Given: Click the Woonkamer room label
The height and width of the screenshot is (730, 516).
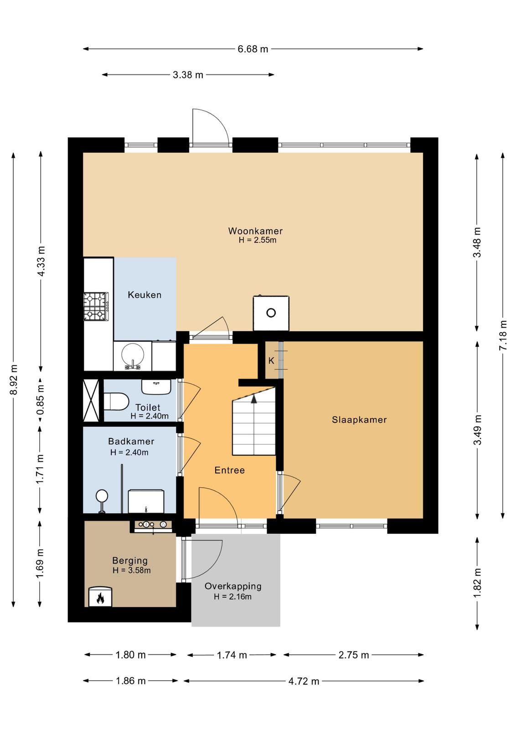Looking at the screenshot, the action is click(x=255, y=231).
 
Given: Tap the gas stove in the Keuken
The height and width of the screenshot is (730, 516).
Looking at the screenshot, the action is click(x=96, y=306).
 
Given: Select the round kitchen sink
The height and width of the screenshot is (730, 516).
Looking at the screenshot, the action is click(x=133, y=354).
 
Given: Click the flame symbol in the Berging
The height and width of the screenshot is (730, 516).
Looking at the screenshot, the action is click(x=100, y=598).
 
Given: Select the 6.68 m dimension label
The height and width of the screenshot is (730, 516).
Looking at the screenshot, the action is click(x=253, y=49).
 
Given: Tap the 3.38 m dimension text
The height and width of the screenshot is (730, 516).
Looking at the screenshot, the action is click(x=188, y=75).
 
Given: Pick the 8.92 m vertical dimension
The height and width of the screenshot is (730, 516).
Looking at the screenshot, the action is click(x=14, y=380).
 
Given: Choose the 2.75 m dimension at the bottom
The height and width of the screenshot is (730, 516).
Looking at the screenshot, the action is click(x=354, y=655).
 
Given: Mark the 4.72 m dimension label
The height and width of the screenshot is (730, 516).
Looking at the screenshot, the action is click(x=304, y=681).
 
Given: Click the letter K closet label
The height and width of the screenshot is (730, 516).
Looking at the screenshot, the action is click(x=271, y=361).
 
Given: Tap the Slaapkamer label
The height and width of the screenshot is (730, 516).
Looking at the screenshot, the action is click(x=359, y=419).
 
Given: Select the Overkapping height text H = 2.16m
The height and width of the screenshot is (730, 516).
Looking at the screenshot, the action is click(x=233, y=597).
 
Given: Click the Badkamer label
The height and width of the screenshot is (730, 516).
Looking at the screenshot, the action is click(x=131, y=441).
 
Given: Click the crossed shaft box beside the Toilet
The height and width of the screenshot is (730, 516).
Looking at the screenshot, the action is click(x=91, y=400).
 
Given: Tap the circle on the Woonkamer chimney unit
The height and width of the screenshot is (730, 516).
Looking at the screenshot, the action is click(x=271, y=313).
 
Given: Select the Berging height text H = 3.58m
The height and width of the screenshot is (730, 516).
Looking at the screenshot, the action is click(x=132, y=570).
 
